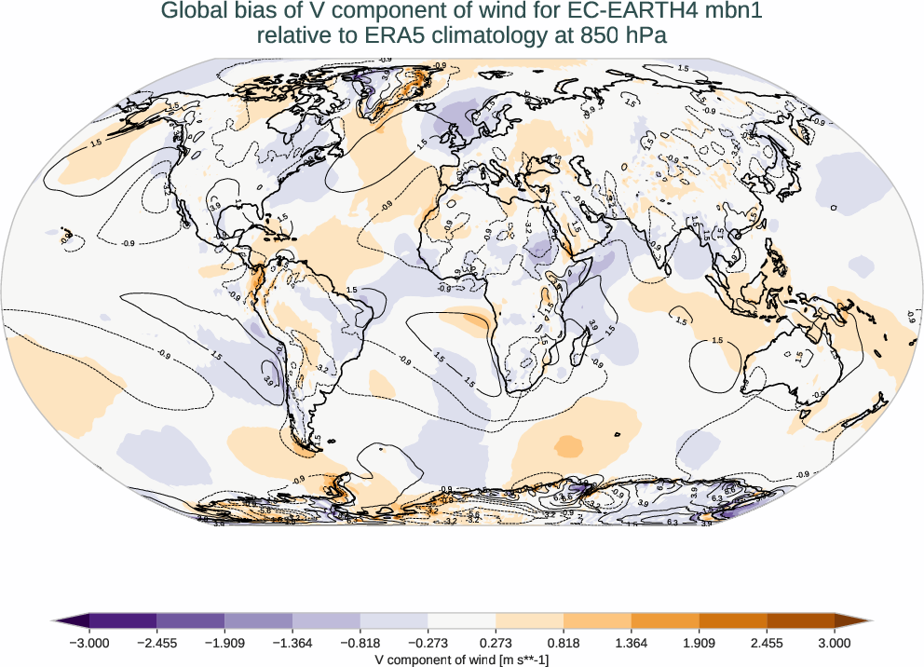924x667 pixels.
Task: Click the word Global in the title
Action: click(x=191, y=11)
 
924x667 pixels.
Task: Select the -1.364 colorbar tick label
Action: click(x=292, y=642)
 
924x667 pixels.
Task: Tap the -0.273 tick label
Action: click(x=428, y=642)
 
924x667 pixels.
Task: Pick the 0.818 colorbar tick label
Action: click(x=564, y=642)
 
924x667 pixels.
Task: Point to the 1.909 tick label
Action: click(x=699, y=642)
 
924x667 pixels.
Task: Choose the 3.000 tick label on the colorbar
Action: click(x=835, y=642)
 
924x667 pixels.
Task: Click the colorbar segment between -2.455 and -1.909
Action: click(x=190, y=620)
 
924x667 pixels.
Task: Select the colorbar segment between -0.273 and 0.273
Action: click(x=461, y=620)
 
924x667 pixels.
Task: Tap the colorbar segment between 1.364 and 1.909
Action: click(x=665, y=620)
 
